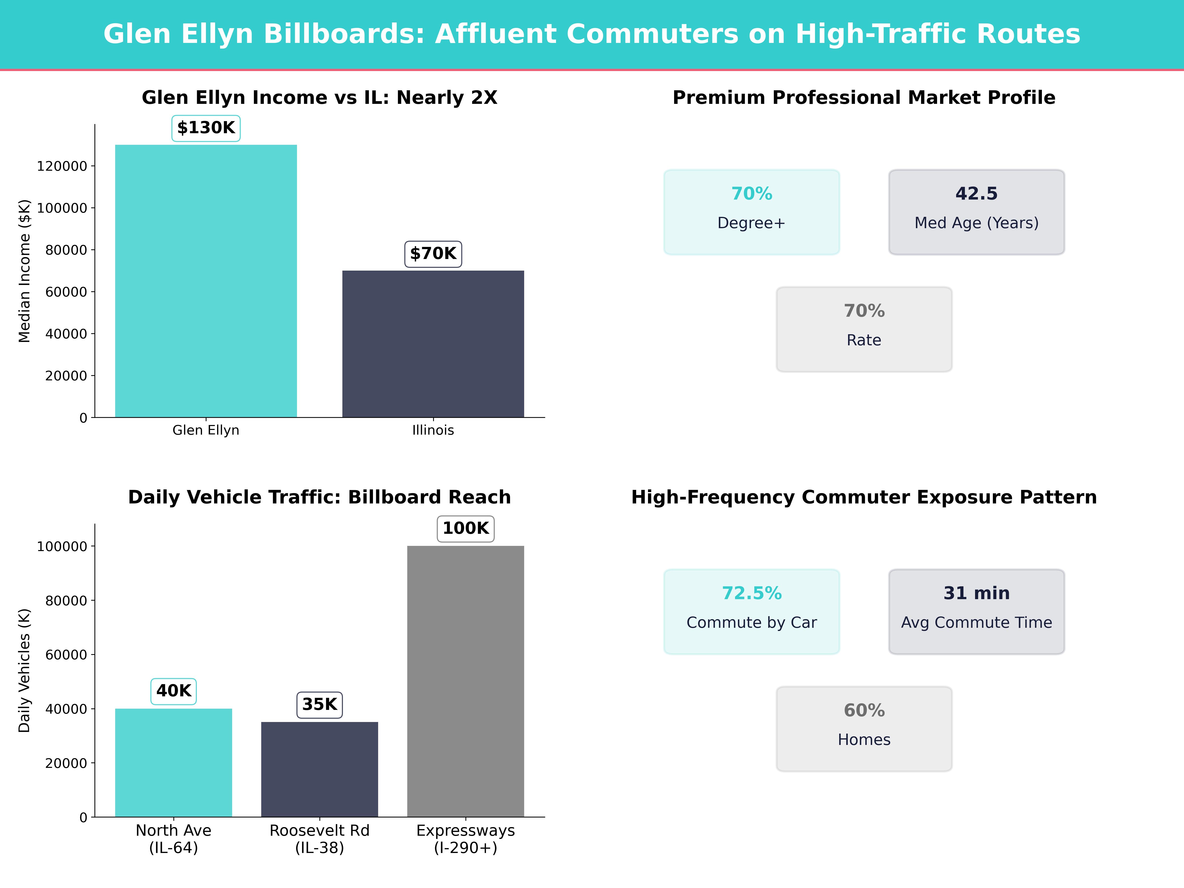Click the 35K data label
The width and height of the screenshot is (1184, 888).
[x=319, y=704]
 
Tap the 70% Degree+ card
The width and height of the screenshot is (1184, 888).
[x=752, y=212]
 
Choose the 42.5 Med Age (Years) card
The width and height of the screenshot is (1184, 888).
[x=976, y=212]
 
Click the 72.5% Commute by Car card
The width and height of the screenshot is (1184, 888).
[x=752, y=611]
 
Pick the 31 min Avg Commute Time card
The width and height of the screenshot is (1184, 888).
[x=976, y=611]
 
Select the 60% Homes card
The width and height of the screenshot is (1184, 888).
[x=864, y=728]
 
